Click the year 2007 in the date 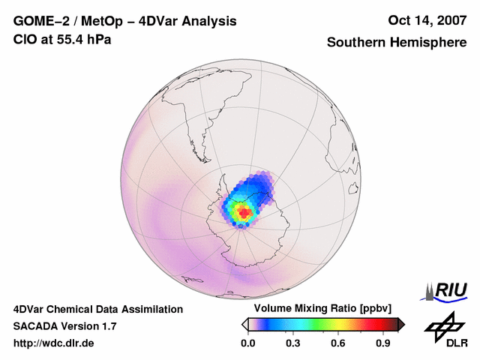point(451,21)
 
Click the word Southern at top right point(354,43)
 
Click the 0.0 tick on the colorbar point(247,343)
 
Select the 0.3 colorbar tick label point(293,343)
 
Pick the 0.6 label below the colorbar point(339,343)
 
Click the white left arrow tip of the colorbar point(244,324)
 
